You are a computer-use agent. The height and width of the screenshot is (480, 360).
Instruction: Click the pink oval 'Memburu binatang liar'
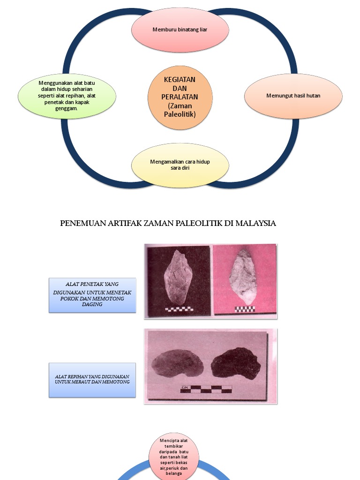click(x=180, y=30)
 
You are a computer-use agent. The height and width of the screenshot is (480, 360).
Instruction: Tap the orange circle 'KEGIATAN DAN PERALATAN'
click(x=180, y=97)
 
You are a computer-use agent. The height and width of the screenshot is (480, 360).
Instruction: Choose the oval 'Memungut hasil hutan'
click(x=293, y=96)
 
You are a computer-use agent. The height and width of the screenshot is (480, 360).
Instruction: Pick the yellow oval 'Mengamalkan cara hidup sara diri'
click(x=180, y=165)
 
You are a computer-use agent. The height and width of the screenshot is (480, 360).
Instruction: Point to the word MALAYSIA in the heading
click(x=255, y=224)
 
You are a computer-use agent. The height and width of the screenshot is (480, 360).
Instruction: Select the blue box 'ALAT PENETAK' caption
click(x=92, y=295)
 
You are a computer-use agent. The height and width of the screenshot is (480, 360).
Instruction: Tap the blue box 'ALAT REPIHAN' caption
click(x=92, y=380)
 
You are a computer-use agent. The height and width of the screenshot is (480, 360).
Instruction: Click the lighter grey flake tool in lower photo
click(x=176, y=364)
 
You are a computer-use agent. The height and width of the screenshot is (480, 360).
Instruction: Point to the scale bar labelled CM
click(x=206, y=389)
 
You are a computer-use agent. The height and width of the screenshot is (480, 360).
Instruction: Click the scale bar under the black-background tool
click(x=179, y=309)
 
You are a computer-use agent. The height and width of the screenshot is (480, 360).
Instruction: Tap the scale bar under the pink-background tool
click(x=245, y=309)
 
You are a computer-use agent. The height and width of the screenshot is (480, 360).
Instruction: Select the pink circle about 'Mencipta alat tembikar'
click(x=174, y=457)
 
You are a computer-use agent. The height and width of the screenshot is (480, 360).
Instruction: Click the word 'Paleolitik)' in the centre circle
click(x=180, y=114)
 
